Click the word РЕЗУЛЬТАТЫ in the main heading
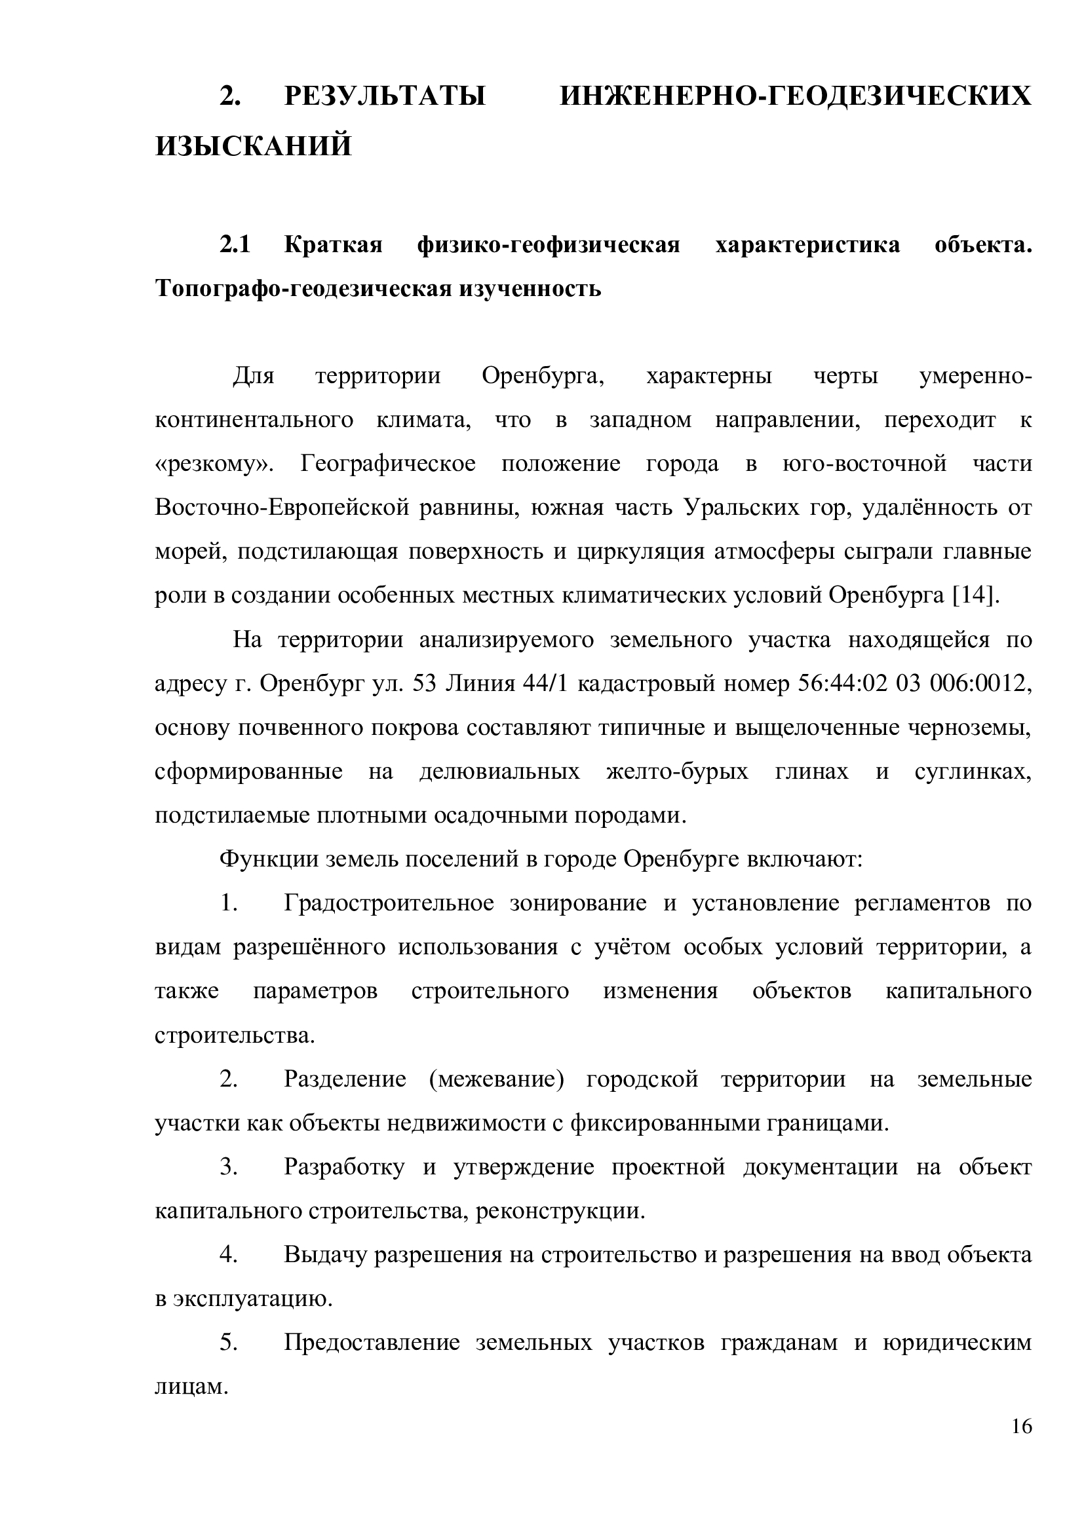(385, 98)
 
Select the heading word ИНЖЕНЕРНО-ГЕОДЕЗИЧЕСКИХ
(795, 98)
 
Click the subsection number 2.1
(235, 246)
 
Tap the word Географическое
(388, 464)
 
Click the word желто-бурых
(677, 772)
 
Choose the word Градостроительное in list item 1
(389, 903)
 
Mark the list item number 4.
(229, 1255)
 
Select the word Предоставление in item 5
(372, 1343)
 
